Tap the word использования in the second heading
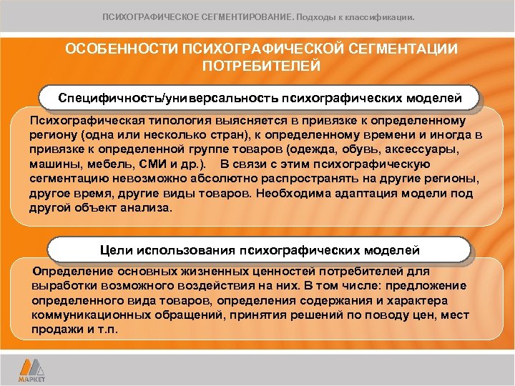click(183, 250)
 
